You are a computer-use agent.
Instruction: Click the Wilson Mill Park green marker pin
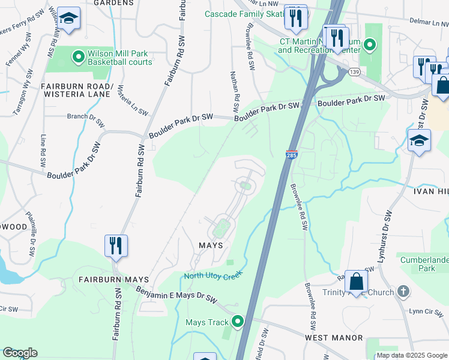click(x=78, y=58)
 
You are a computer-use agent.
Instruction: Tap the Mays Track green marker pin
click(x=238, y=322)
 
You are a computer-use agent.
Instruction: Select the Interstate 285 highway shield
click(x=292, y=154)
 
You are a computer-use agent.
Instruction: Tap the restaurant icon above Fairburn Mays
click(x=115, y=246)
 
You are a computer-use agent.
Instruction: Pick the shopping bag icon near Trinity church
click(x=356, y=281)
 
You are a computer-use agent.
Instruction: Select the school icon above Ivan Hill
click(x=418, y=143)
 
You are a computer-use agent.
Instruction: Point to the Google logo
click(x=20, y=353)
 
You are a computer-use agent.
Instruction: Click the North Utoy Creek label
click(x=212, y=275)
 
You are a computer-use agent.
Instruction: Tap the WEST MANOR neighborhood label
click(x=333, y=338)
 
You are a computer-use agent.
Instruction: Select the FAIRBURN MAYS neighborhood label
click(x=109, y=280)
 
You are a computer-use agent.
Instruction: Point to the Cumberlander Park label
click(x=426, y=264)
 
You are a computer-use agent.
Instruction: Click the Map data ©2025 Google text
click(x=412, y=355)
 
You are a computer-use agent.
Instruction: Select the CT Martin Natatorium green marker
click(x=370, y=44)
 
